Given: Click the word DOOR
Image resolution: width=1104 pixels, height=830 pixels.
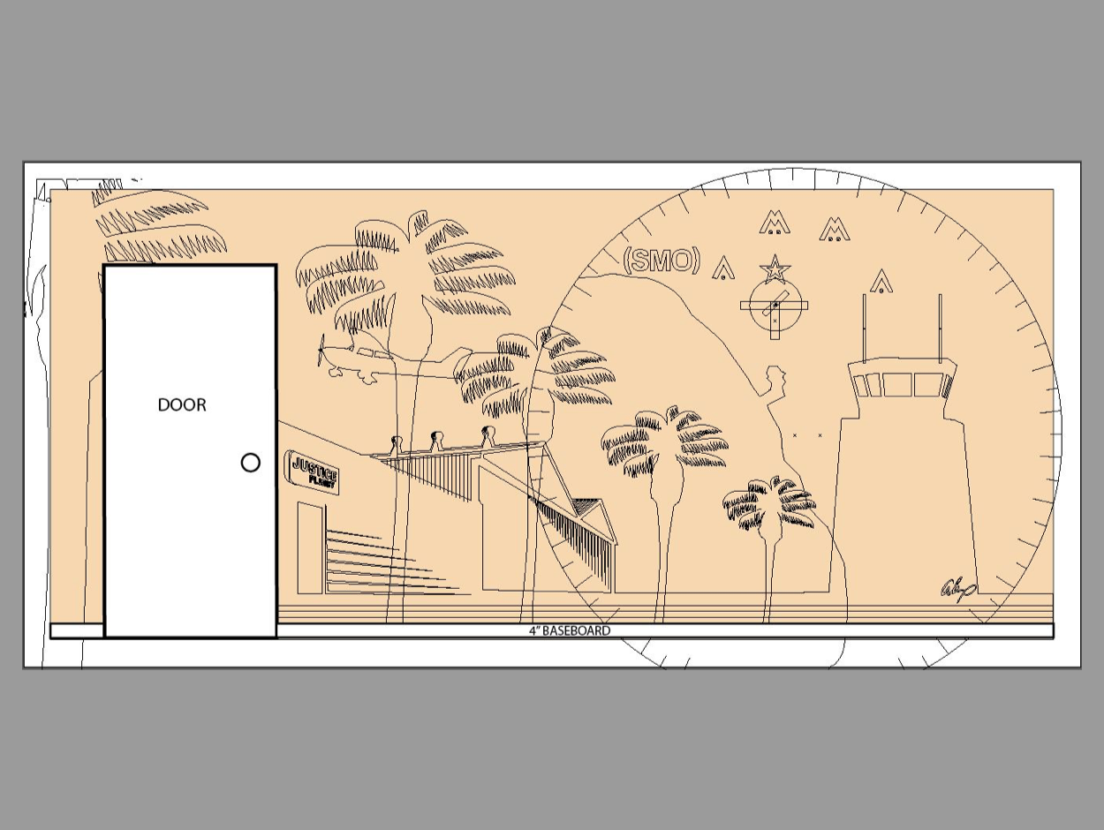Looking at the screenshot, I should tap(182, 405).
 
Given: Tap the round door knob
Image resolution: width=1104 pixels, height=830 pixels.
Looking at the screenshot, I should tap(251, 463).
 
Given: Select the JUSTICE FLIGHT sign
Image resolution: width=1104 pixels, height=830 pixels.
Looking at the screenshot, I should tap(314, 472).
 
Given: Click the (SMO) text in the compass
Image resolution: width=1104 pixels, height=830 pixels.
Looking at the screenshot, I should tap(662, 260).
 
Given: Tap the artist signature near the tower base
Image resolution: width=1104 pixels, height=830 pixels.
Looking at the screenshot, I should tap(958, 587).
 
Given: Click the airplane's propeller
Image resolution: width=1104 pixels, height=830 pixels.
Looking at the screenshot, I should tap(321, 351).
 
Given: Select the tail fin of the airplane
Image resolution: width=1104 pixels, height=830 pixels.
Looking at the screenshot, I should tap(461, 358).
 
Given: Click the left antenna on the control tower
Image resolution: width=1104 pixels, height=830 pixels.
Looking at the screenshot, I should tap(864, 327).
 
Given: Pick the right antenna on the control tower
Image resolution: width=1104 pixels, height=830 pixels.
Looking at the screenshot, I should tap(940, 327).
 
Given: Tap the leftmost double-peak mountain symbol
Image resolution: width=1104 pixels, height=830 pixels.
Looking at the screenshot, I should tap(775, 223).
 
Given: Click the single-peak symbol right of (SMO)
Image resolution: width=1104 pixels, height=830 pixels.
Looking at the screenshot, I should tap(724, 268).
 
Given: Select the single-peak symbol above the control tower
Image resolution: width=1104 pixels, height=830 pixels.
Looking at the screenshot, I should tap(881, 282).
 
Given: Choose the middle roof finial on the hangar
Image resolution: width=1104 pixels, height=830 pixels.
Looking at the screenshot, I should tap(436, 440).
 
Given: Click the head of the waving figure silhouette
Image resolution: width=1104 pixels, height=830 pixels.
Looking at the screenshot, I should tap(776, 378).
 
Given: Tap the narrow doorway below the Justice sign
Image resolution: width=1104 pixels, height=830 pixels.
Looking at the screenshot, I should tap(310, 547).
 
